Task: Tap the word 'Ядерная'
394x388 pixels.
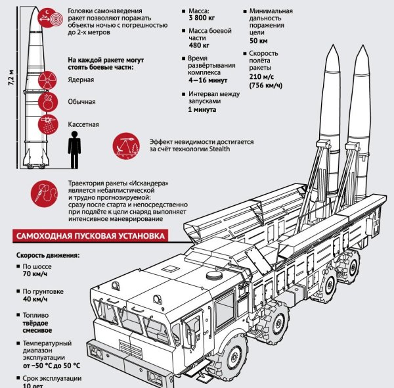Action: point(81,80)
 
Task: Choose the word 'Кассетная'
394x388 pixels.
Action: point(83,123)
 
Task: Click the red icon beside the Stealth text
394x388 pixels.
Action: point(125,145)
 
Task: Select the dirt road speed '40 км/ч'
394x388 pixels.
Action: point(36,298)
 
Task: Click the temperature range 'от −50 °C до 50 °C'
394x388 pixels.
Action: point(51,364)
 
